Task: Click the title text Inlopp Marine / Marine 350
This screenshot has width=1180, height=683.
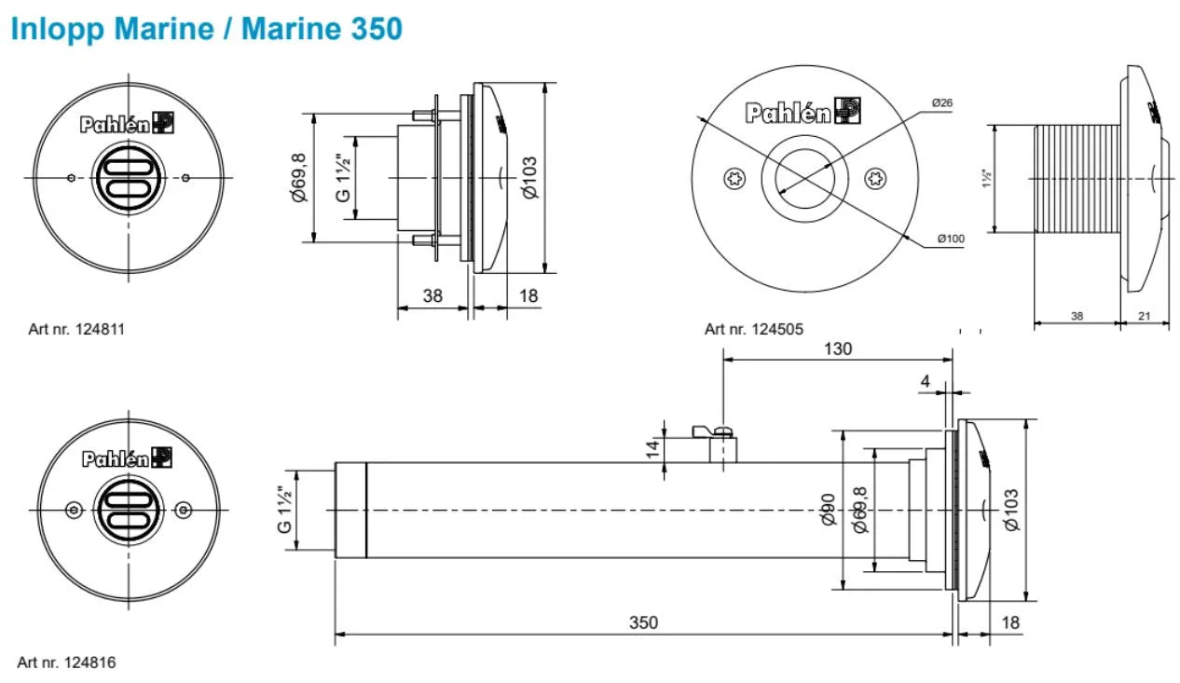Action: click(206, 29)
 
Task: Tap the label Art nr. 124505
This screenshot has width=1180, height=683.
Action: click(753, 329)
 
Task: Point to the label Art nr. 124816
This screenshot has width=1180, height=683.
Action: click(66, 663)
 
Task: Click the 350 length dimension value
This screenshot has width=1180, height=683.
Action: click(643, 622)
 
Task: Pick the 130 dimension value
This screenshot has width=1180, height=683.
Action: click(836, 348)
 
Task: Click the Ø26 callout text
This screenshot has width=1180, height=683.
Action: click(941, 102)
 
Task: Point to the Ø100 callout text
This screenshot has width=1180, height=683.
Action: click(951, 239)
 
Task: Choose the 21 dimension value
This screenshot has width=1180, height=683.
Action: click(1144, 317)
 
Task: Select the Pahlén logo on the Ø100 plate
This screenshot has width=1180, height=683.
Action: click(802, 113)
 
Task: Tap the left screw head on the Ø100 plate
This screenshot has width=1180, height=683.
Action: click(734, 177)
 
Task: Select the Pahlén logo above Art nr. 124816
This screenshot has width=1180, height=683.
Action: click(127, 458)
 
